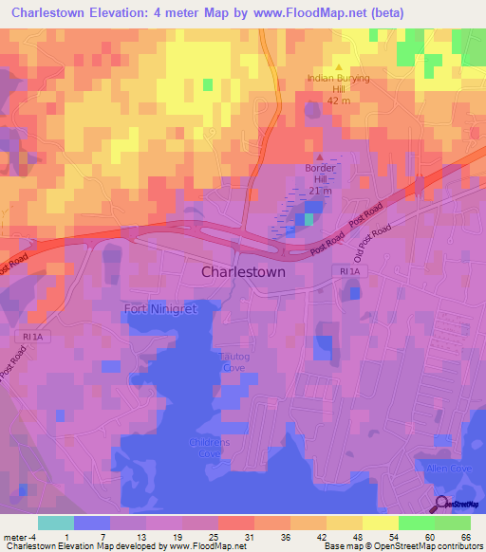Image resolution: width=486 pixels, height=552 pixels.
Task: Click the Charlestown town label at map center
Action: coord(243,271)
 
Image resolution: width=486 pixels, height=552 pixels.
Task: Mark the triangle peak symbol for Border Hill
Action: coord(320,157)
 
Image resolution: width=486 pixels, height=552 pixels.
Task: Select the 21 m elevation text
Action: coord(320,191)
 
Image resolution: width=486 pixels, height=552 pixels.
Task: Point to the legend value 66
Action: coord(465,536)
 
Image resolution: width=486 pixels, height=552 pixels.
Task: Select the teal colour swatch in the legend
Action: coord(55,523)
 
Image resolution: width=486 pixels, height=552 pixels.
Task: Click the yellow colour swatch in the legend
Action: coord(381,523)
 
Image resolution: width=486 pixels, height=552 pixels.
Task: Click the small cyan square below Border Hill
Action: coord(308,220)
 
